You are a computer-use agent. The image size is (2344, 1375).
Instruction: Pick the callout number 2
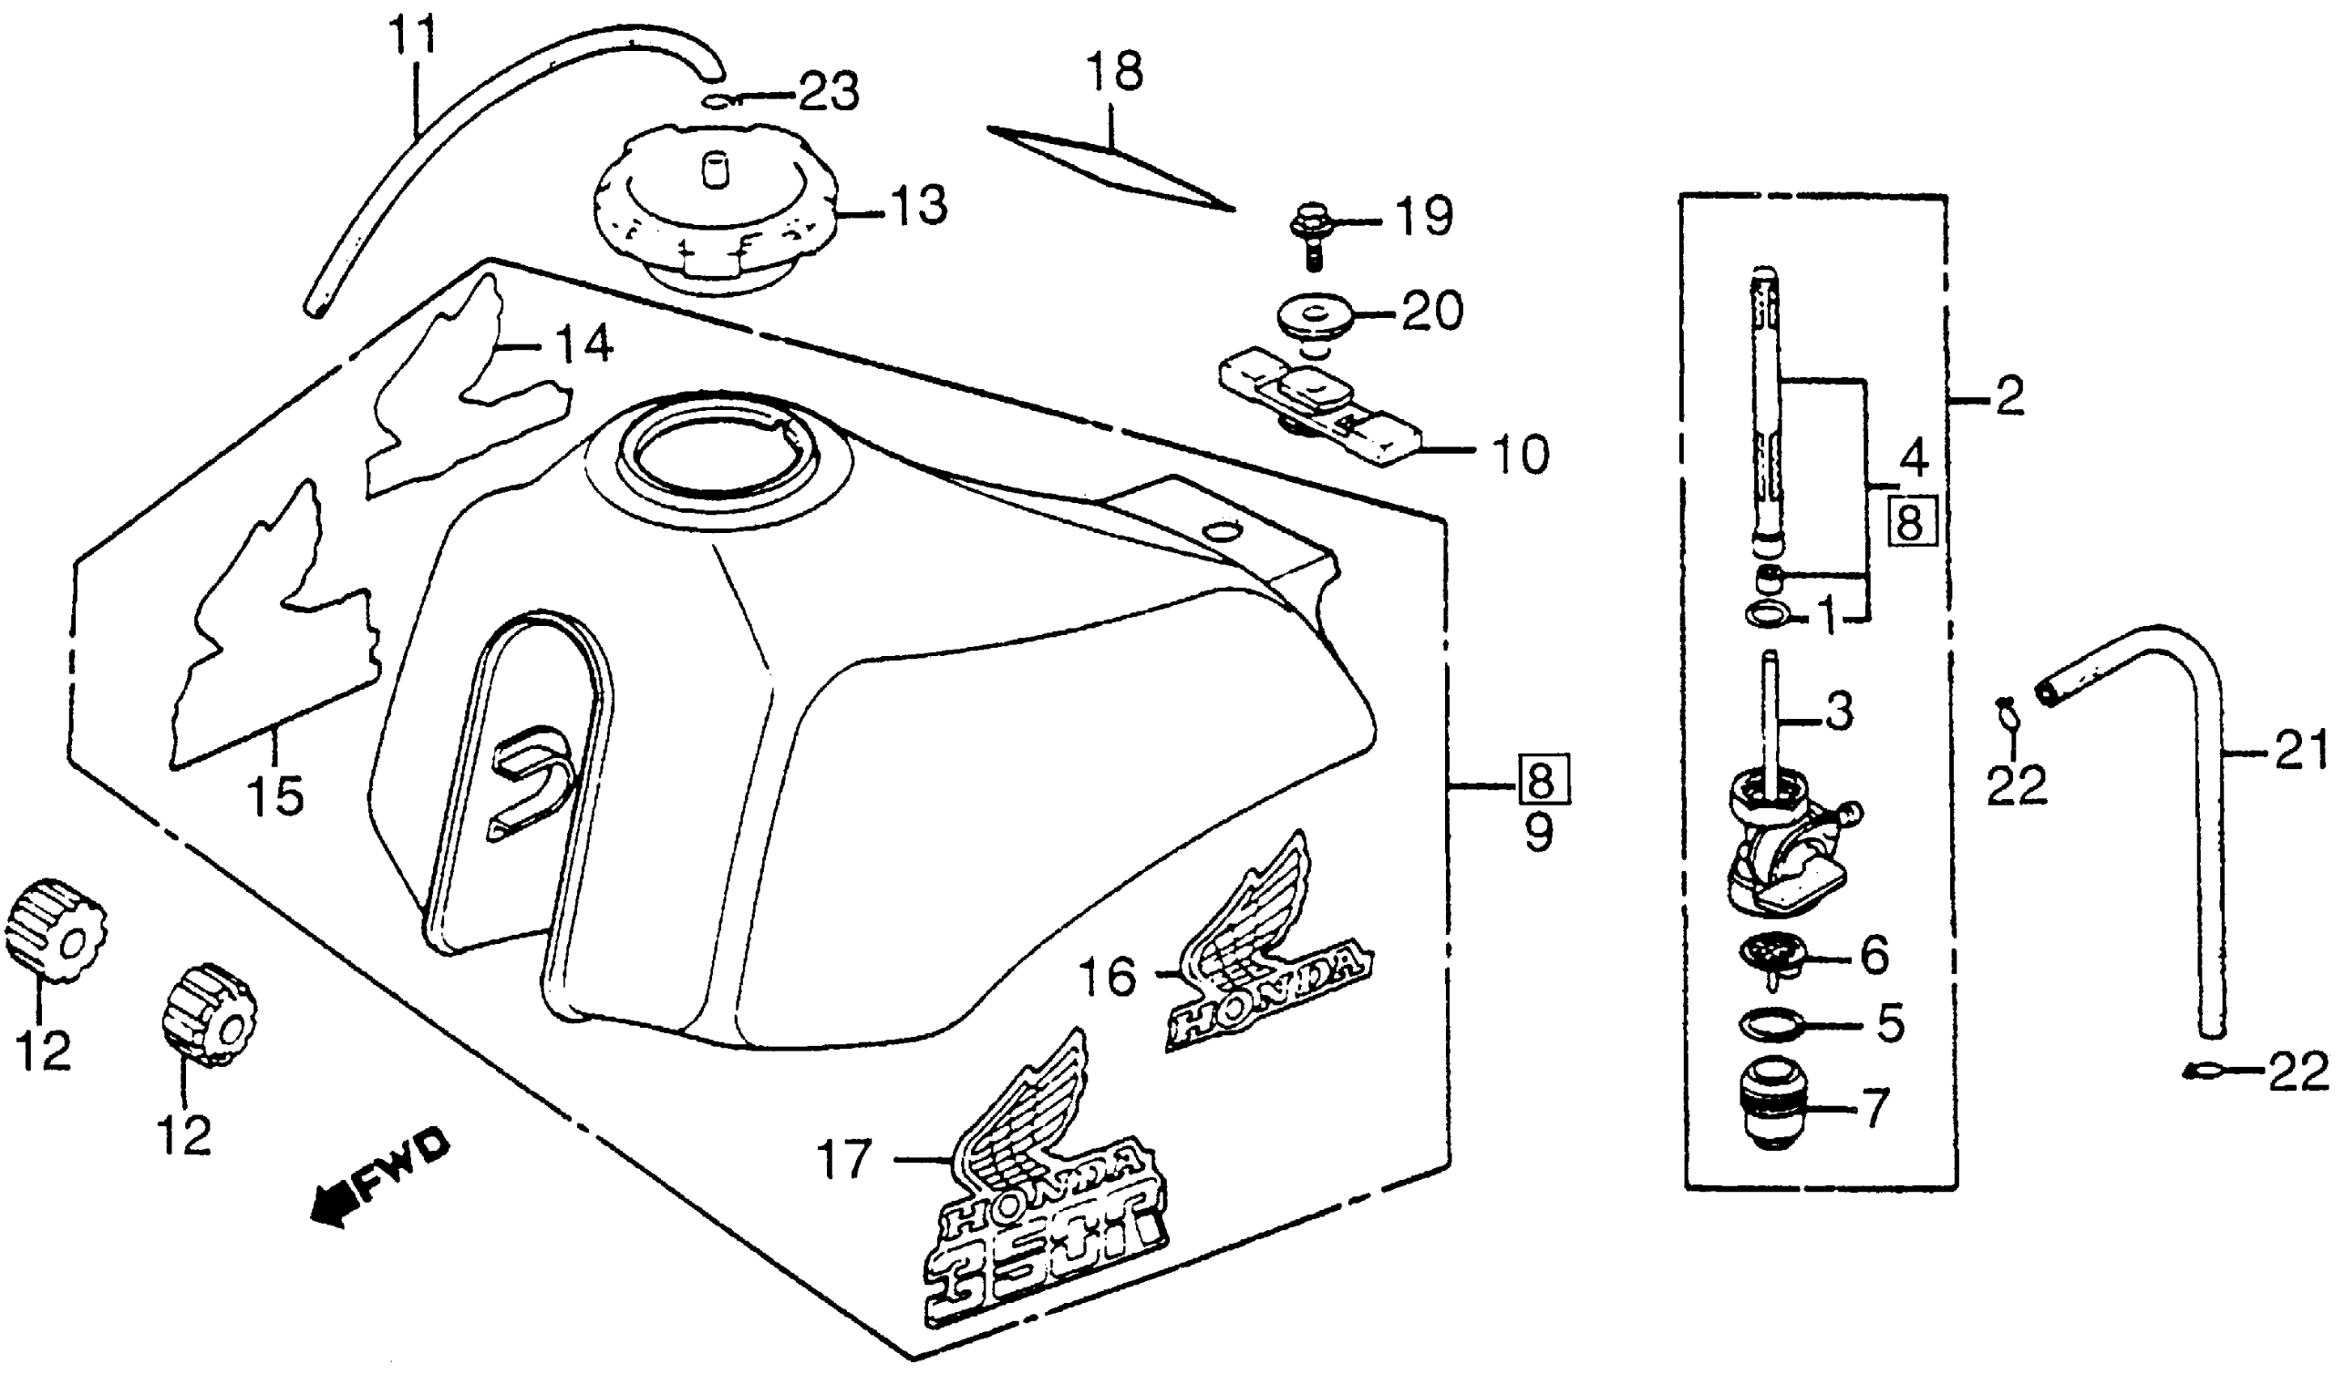(x=2009, y=396)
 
